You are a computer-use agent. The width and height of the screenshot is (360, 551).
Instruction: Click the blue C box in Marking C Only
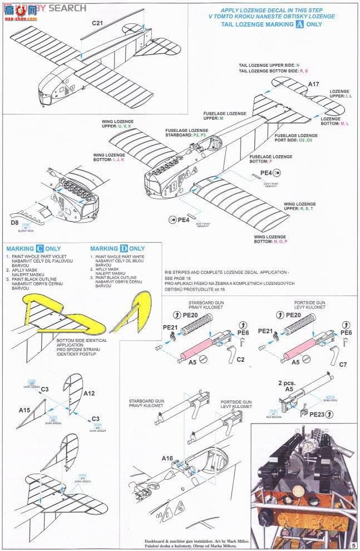click(40, 249)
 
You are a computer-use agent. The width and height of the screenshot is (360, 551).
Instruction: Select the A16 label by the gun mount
click(167, 459)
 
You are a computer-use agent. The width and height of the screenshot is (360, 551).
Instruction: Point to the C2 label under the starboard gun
click(240, 360)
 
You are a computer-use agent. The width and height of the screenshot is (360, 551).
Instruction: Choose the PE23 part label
click(317, 414)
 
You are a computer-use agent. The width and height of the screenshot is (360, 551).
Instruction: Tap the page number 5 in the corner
click(352, 543)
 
